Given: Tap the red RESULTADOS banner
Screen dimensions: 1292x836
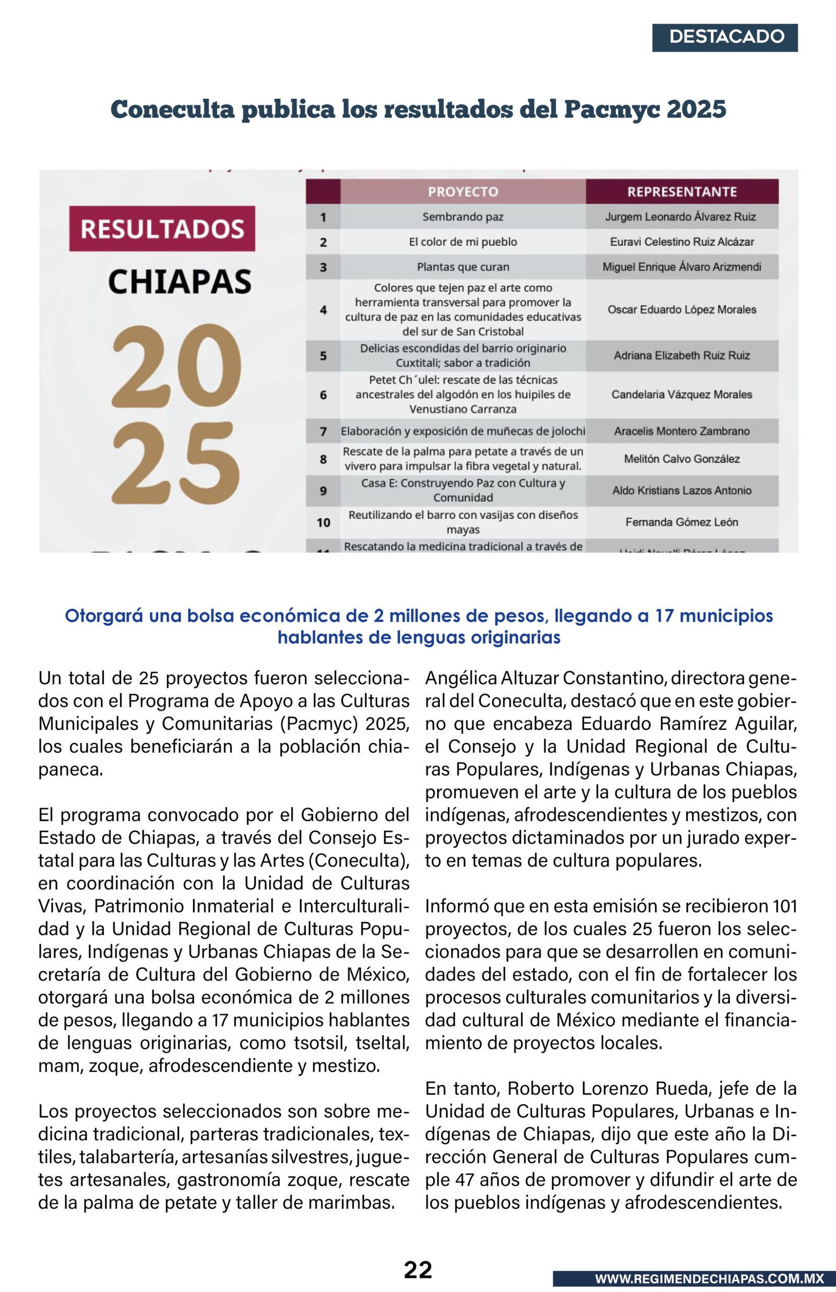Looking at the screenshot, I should click(162, 228).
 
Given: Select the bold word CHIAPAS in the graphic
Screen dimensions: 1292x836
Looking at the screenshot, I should click(179, 282).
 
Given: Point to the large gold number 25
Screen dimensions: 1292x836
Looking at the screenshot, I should click(176, 462).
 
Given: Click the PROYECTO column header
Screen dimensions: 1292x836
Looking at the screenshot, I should click(462, 192).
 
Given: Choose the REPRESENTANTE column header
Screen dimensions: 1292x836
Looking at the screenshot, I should click(681, 192).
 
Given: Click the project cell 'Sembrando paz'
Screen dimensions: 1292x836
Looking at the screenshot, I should click(462, 217).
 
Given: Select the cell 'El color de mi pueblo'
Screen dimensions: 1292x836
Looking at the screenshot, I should click(462, 242).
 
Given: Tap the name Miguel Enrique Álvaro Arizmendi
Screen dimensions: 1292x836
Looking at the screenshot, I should click(681, 267).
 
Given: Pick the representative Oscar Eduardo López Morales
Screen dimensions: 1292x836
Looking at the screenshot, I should click(681, 310).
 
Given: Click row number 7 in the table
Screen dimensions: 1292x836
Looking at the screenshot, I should click(323, 432).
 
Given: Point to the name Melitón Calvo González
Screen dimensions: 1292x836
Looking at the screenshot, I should click(681, 459).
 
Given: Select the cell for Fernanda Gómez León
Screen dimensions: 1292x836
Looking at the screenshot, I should click(681, 522).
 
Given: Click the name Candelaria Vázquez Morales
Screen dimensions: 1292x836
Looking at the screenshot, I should click(681, 394).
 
